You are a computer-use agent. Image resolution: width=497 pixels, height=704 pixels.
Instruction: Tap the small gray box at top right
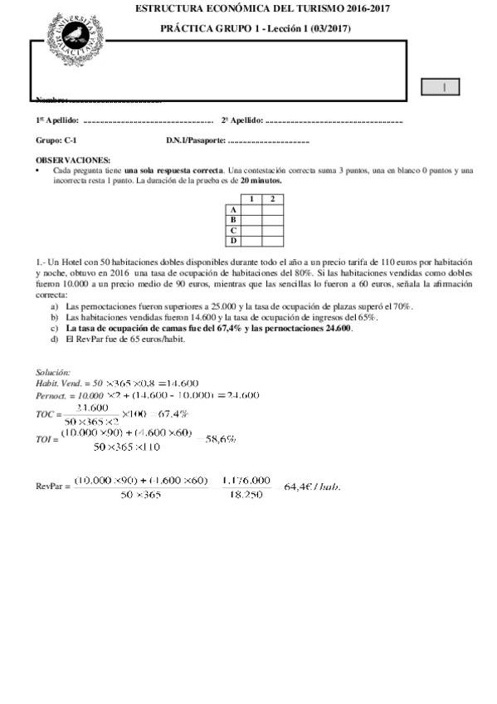coord(441,87)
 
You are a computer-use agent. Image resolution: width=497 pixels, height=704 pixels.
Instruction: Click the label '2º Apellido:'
coord(242,121)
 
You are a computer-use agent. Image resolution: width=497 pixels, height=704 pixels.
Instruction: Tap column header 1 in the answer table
coord(251,199)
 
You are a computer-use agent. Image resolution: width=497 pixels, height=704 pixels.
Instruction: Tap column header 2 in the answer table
coord(272,199)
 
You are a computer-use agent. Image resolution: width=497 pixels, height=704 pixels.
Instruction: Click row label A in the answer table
coord(233,210)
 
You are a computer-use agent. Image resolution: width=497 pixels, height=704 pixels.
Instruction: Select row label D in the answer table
coord(233,241)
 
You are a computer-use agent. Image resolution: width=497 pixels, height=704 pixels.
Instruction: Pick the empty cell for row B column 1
coord(251,220)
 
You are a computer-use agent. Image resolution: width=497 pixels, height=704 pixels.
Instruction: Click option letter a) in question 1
coord(55,306)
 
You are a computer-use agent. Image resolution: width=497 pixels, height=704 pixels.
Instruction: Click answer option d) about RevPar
coord(124,339)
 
